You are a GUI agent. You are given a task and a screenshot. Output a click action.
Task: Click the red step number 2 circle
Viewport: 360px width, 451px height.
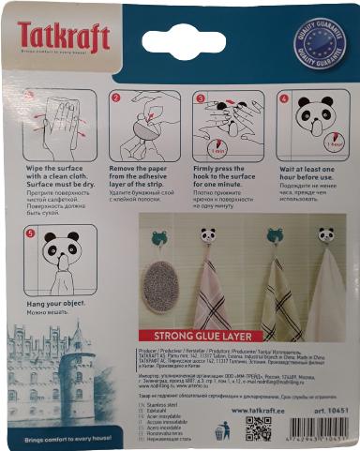click(116, 97)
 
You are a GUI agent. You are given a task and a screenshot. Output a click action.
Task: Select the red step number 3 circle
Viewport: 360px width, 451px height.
click(200, 97)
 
